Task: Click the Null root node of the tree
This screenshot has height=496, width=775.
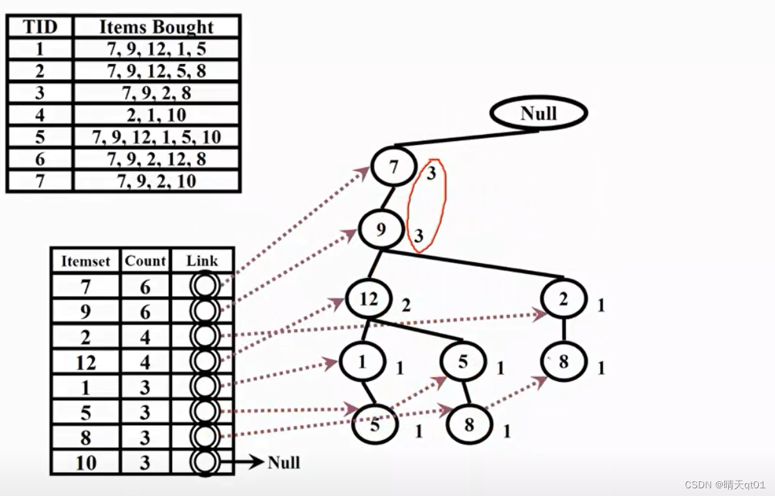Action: (x=538, y=114)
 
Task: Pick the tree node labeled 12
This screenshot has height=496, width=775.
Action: (x=369, y=299)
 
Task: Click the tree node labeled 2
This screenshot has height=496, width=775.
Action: (x=563, y=299)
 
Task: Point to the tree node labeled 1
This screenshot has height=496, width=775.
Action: (x=362, y=362)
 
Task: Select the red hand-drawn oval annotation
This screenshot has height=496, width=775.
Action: (x=426, y=206)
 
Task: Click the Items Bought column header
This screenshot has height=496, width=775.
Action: (x=156, y=27)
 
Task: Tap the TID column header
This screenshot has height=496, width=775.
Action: (x=40, y=27)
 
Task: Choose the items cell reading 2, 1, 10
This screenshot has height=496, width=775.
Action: (x=156, y=115)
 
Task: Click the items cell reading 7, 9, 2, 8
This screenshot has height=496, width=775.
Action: (x=156, y=93)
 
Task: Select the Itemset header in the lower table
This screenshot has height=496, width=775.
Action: (x=86, y=261)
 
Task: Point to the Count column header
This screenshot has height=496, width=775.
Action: (x=145, y=261)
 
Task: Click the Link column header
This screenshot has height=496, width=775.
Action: (x=202, y=261)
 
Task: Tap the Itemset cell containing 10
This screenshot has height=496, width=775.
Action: (x=86, y=463)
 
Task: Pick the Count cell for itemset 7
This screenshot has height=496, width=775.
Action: (x=145, y=287)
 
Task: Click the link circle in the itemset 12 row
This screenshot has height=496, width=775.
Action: (x=205, y=362)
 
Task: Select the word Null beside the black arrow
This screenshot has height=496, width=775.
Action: (x=284, y=463)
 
